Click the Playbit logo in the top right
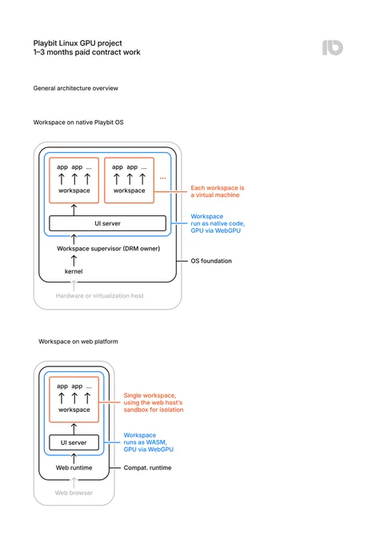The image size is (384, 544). click(332, 47)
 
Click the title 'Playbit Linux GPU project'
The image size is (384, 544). click(78, 43)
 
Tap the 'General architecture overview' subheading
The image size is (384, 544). click(76, 88)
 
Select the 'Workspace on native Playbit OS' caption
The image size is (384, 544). click(78, 122)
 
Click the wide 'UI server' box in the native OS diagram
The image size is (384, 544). click(107, 223)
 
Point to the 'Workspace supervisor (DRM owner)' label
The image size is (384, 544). click(109, 249)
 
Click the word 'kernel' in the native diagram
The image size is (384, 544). click(74, 271)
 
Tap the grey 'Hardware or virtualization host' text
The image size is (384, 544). click(99, 295)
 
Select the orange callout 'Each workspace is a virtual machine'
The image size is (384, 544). click(218, 191)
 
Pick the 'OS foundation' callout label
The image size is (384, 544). click(211, 261)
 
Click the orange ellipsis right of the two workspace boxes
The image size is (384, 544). click(162, 178)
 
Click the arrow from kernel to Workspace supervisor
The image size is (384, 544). click(74, 261)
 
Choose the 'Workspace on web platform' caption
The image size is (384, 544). click(78, 342)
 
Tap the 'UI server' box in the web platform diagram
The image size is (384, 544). click(74, 442)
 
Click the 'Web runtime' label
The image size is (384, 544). click(74, 468)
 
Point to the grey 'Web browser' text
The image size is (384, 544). click(74, 493)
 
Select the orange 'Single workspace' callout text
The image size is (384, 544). click(154, 402)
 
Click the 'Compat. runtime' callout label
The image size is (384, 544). click(147, 468)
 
